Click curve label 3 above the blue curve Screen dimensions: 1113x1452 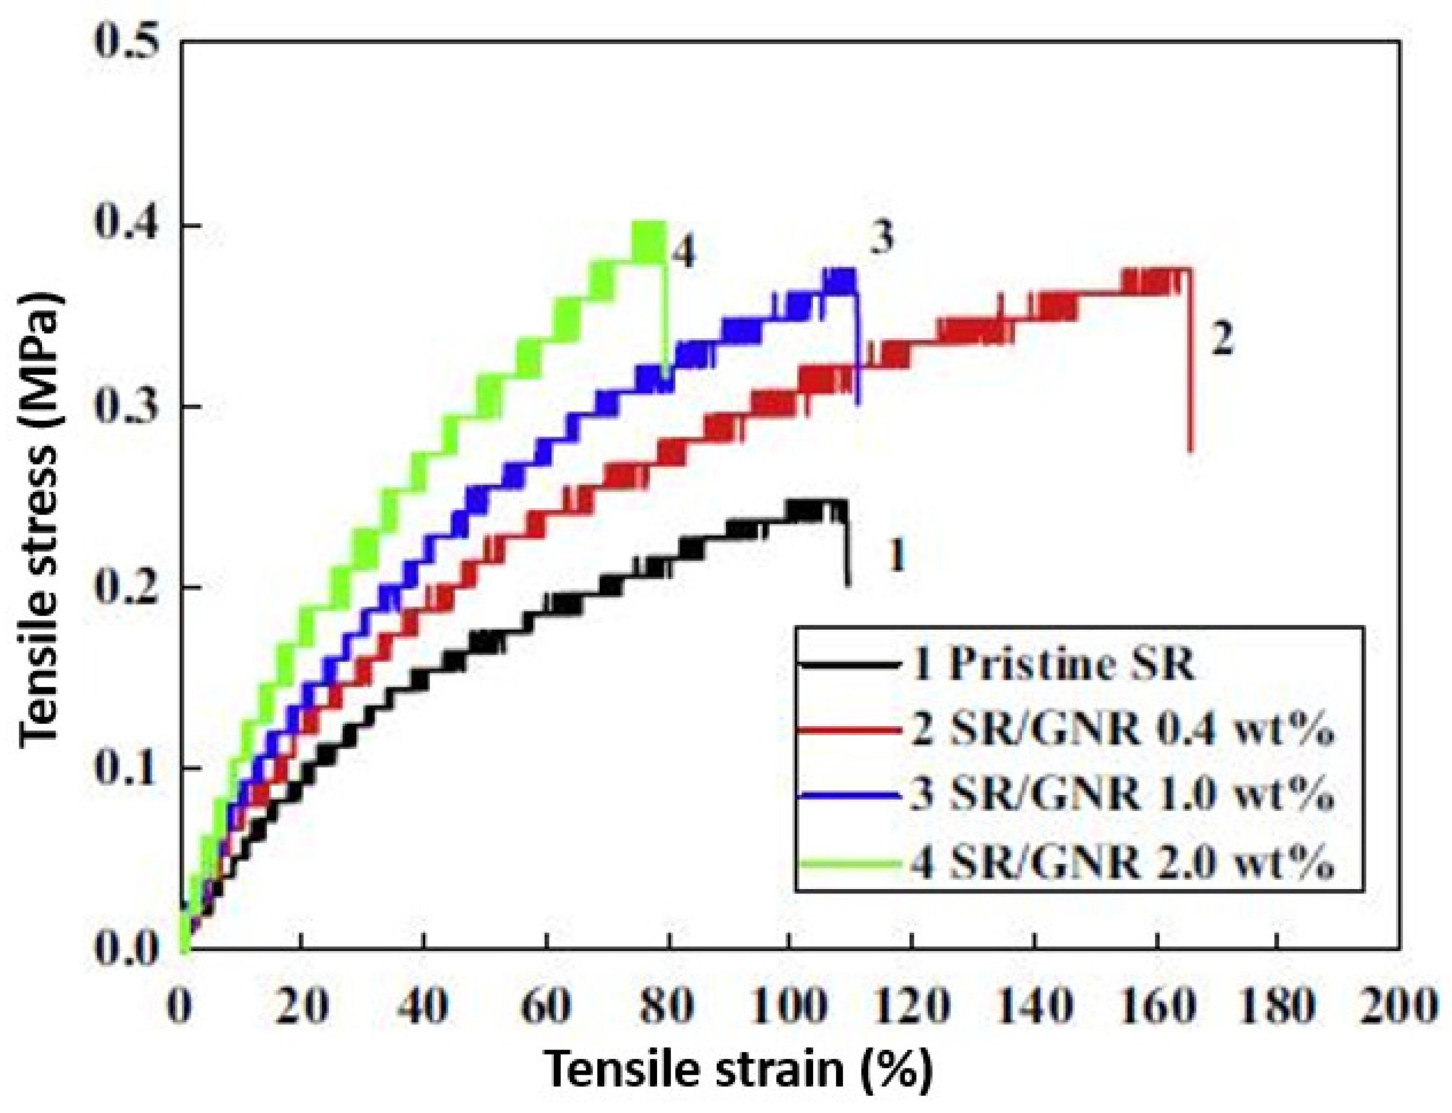pos(881,238)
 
